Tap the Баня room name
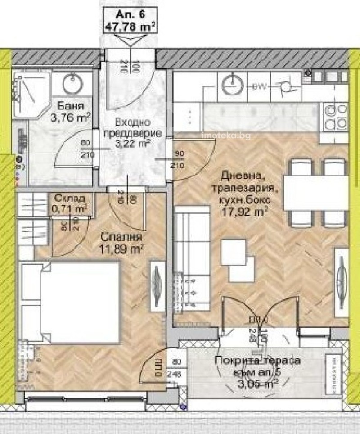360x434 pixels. click(71, 107)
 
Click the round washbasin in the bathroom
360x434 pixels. click(71, 83)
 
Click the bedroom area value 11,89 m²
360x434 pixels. click(115, 248)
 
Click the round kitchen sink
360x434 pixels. click(233, 86)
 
